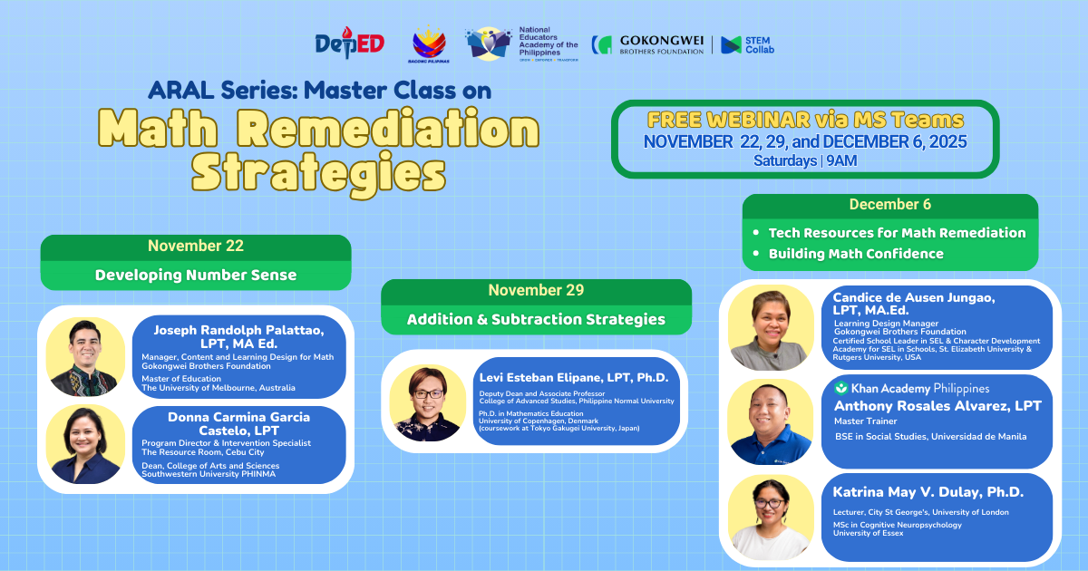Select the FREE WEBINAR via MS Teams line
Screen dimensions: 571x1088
(x=805, y=121)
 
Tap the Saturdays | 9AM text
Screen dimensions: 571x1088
(x=805, y=160)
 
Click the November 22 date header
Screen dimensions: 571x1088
(x=196, y=247)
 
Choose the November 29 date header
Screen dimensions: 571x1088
(x=536, y=291)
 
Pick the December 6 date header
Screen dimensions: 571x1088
(x=889, y=205)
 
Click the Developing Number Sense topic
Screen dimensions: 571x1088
(x=196, y=276)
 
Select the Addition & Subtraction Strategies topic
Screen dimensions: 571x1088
(x=536, y=319)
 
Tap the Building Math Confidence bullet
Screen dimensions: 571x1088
(x=855, y=254)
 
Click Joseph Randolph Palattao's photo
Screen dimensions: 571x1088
(x=84, y=356)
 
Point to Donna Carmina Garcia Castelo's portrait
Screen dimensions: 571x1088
(x=84, y=444)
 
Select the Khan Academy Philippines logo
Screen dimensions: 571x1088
(x=911, y=388)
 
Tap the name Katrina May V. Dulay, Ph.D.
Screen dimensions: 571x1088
(x=928, y=492)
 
